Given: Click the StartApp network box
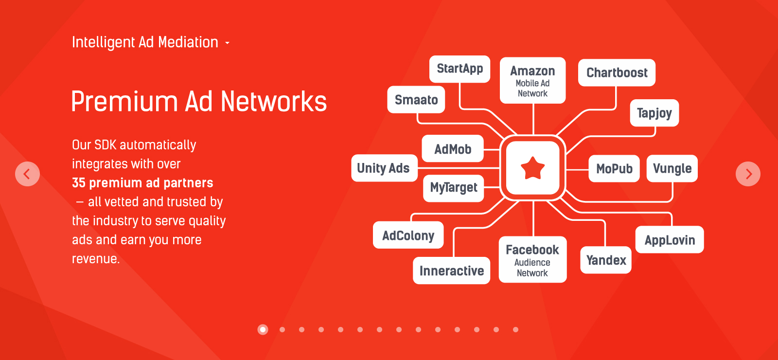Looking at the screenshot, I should pos(460,69).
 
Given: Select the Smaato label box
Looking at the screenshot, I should pos(416,100).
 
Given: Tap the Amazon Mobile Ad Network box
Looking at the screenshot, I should pos(532,81).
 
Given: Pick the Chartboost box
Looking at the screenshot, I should pos(617,73).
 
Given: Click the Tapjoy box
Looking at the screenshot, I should pos(654,113).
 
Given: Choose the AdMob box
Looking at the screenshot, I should pos(453,149).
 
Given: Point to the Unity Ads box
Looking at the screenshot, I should pos(384,168).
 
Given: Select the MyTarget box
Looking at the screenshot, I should pos(454,188).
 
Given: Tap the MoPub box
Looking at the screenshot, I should pos(614,169).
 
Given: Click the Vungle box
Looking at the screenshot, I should pos(672,169).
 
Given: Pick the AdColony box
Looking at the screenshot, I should pos(408,235).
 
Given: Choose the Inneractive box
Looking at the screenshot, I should pos(451,270).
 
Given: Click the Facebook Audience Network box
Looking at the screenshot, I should pos(532,260).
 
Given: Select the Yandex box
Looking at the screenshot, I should pos(606,260).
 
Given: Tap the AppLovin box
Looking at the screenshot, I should pos(670,240).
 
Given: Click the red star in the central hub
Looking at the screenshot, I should pos(533,168).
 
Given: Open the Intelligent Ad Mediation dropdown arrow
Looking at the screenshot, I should pos(227,43).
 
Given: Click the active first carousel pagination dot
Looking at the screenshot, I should pos(263,330).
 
